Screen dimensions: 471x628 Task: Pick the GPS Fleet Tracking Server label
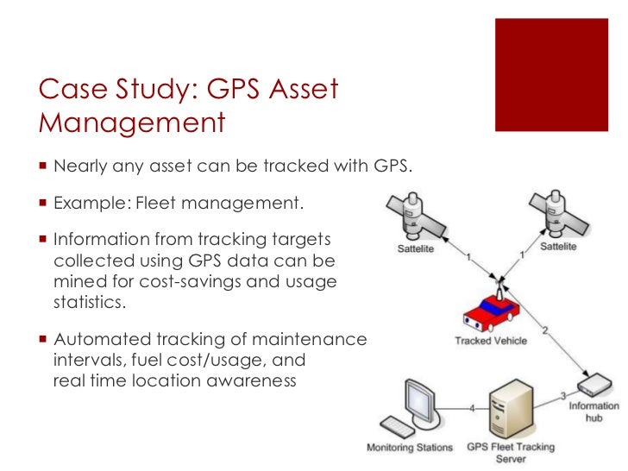click(509, 453)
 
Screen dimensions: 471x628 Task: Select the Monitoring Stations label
click(410, 448)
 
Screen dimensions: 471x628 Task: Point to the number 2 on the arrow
click(544, 330)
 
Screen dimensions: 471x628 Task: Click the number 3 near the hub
click(562, 396)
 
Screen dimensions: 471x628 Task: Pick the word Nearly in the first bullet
click(79, 164)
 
